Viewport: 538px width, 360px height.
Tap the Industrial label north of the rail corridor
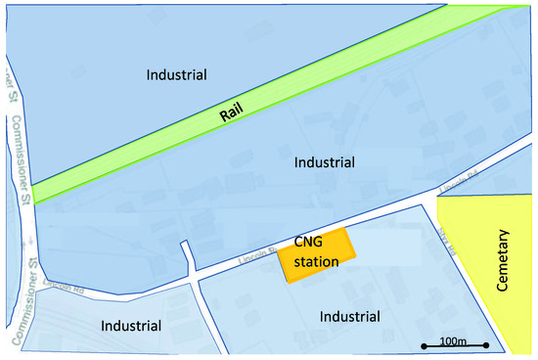coord(177,74)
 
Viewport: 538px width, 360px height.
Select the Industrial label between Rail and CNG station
coord(325,162)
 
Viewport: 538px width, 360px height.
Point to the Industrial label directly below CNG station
coord(349,316)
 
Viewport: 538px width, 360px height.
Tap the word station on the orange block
coord(316,261)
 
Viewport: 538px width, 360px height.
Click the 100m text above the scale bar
coord(452,338)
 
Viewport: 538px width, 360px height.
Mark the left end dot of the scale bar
coord(424,345)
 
